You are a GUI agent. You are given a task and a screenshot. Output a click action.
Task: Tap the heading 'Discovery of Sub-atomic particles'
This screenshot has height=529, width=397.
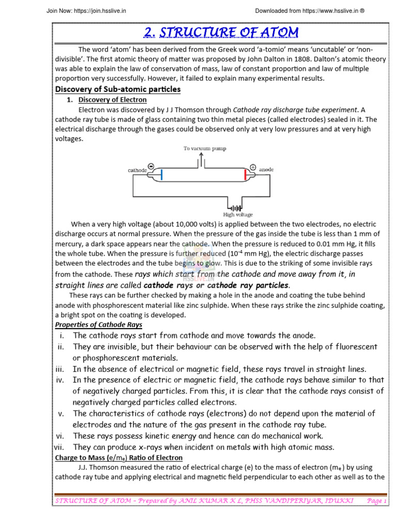pos(118,89)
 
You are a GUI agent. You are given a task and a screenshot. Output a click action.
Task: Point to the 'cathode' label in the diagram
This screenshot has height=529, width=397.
pos(137,169)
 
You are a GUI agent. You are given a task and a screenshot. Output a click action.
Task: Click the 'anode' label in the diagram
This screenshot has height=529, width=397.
pos(266,169)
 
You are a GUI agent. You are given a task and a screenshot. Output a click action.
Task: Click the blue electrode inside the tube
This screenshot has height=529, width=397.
pos(161,175)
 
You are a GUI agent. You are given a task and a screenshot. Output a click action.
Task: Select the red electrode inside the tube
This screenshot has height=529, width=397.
pos(246,175)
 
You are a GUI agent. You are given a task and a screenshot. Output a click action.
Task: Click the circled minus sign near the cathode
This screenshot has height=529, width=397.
pos(150,166)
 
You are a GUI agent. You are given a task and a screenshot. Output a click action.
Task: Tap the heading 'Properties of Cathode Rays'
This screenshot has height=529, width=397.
pos(98,325)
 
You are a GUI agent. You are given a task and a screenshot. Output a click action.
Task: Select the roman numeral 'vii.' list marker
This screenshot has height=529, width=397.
pos(58,447)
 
